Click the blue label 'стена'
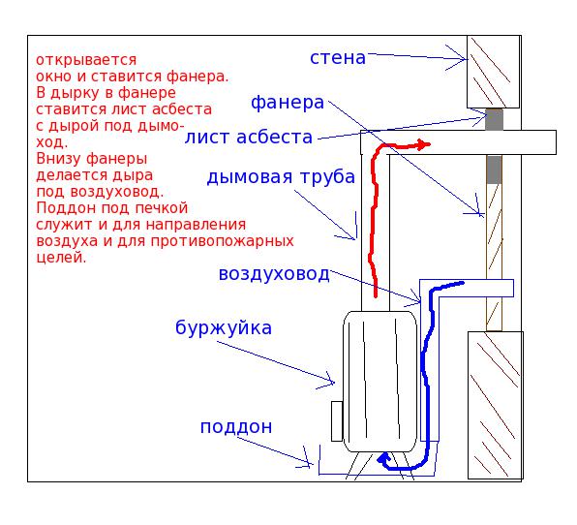338,58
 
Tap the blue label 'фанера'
288,103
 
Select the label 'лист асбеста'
249,137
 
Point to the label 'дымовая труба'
281,177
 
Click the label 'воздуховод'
274,274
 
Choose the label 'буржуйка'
224,327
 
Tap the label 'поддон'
236,427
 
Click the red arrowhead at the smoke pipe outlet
424,144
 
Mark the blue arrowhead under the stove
383,459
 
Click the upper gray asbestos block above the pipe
494,119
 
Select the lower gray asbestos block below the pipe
494,170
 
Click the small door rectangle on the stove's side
337,421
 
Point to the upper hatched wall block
493,72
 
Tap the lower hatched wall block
496,405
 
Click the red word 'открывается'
86,60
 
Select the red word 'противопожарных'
222,241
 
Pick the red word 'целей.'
61,257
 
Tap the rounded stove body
380,382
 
